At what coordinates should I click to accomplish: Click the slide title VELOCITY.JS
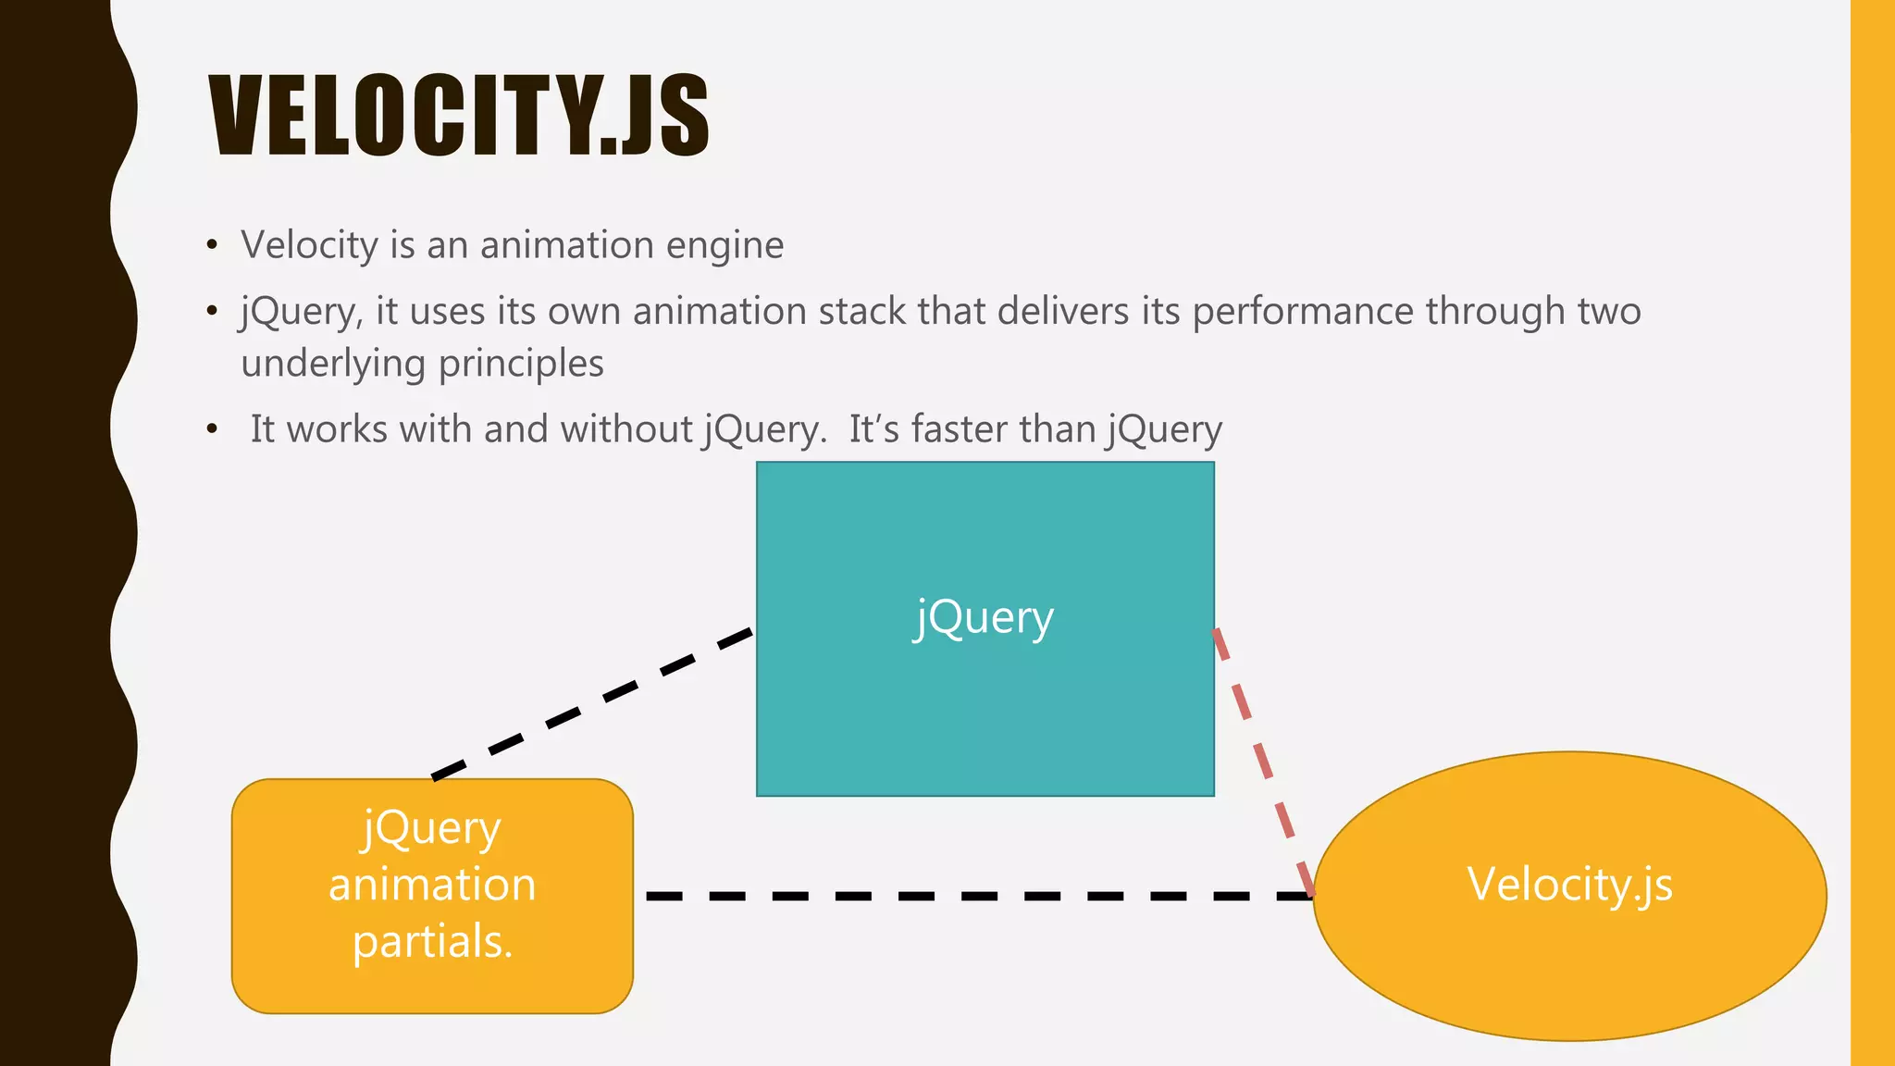pos(459,117)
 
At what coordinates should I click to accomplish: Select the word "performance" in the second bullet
pos(1303,312)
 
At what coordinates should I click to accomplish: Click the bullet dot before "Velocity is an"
pos(213,246)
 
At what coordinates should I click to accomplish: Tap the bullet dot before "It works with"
pos(213,430)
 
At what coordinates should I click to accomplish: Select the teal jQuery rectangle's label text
pos(984,618)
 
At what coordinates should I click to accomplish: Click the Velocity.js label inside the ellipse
pos(1569,885)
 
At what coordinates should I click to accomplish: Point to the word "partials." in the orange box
pos(432,942)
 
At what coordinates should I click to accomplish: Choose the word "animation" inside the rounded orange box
pos(432,885)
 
